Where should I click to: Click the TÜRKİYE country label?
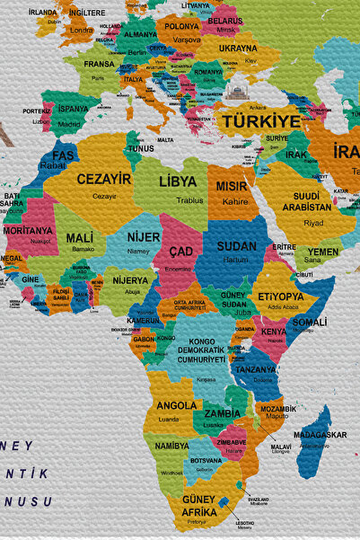(x=261, y=121)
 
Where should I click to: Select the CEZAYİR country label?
(x=104, y=179)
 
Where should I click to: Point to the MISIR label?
(x=233, y=186)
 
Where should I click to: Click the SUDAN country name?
(x=237, y=245)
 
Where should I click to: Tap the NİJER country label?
(x=144, y=237)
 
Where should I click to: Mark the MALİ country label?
(x=79, y=238)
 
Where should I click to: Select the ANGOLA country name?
(x=177, y=405)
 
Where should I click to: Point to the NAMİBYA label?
(x=171, y=446)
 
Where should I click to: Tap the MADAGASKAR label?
(x=319, y=435)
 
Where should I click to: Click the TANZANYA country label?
(x=256, y=369)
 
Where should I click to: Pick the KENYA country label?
(x=273, y=332)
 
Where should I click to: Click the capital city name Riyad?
(x=313, y=223)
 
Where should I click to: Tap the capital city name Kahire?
(x=235, y=202)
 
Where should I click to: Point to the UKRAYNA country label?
(x=238, y=48)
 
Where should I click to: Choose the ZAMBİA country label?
(x=222, y=413)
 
